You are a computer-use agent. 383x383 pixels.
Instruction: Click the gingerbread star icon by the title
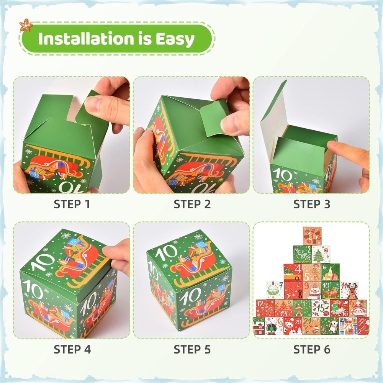coord(26,25)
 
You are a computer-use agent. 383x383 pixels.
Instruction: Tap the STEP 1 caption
coord(72,204)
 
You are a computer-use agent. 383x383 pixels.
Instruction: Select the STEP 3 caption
coord(311,204)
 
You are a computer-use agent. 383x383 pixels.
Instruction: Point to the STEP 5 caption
coord(192,349)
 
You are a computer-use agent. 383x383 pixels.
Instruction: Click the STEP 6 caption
coord(311,349)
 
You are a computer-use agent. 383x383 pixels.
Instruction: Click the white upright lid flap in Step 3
coord(273,115)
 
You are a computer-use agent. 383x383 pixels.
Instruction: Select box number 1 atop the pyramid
coord(312,235)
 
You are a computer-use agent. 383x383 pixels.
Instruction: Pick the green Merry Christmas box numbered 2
coord(303,254)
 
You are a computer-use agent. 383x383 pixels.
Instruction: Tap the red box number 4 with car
coord(293,272)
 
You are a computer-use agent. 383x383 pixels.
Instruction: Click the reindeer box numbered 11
coord(349,290)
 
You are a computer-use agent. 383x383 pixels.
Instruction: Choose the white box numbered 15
coord(321,308)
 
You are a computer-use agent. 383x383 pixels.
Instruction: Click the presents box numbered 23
coord(348,326)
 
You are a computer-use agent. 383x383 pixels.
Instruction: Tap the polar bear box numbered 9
coord(312,290)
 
